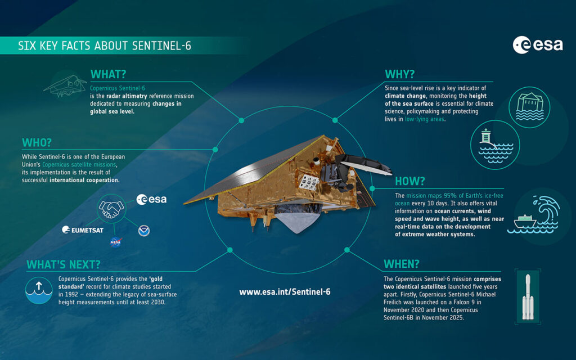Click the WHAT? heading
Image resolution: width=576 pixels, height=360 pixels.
108,75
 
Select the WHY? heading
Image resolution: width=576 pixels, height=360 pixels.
399,75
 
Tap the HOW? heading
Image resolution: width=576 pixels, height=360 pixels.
409,181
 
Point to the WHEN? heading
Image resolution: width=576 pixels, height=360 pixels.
401,264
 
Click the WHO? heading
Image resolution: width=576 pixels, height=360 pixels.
37,142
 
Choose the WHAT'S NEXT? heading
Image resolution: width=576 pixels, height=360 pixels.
63,264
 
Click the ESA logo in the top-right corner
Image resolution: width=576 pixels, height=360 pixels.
537,45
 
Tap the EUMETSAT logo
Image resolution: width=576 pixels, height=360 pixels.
83,230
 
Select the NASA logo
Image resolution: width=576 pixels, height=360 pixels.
115,242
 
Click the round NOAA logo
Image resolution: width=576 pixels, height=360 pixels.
143,231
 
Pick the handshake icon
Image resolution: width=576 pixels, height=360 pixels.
111,209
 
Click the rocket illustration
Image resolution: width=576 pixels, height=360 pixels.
528,297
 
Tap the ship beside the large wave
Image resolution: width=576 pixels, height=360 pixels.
525,222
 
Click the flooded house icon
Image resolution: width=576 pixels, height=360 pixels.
529,107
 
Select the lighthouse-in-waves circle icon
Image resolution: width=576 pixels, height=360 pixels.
495,145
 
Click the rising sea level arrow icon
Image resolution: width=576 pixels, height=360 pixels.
39,290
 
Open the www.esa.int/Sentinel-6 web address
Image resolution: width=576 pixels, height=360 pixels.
285,292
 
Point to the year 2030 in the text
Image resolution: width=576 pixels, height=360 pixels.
157,302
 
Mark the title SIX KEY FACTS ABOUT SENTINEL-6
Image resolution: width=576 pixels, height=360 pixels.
105,46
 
